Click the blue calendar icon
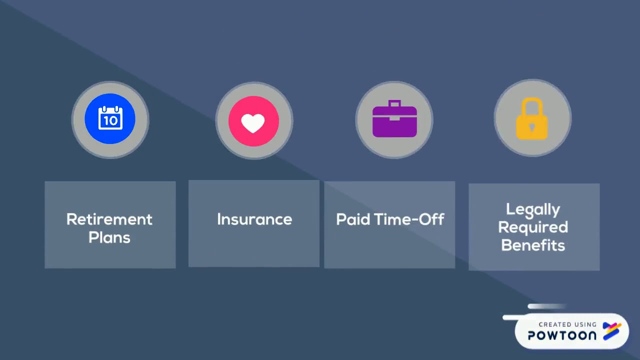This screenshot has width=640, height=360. click(x=110, y=119)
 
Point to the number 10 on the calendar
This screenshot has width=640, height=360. click(x=110, y=121)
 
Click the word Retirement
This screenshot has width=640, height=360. click(x=109, y=219)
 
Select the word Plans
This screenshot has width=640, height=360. click(x=109, y=237)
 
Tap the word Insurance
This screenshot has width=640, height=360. click(x=254, y=219)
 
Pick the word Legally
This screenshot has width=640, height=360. click(x=532, y=209)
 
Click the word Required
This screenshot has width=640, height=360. click(x=532, y=227)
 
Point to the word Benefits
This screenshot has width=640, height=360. click(x=532, y=245)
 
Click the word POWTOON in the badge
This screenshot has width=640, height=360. click(x=562, y=335)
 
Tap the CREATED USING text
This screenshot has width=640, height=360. click(x=567, y=324)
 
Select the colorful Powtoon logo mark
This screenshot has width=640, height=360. click(x=612, y=331)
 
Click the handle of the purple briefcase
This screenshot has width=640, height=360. click(x=394, y=104)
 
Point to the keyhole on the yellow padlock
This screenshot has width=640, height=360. click(x=532, y=127)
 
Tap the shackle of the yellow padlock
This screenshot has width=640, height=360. click(x=532, y=105)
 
